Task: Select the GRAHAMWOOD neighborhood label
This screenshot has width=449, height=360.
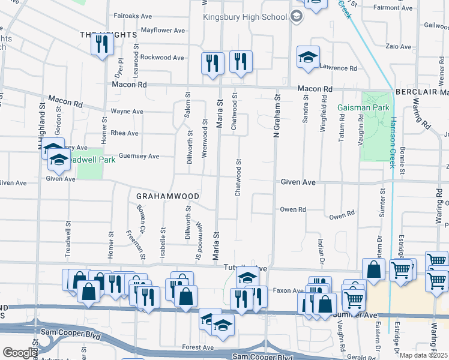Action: point(167,196)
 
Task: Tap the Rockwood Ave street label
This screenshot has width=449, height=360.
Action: point(163,58)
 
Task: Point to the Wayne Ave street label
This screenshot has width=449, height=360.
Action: point(127,112)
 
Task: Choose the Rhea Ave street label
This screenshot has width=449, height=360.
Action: point(124,133)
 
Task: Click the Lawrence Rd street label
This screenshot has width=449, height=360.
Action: point(339,68)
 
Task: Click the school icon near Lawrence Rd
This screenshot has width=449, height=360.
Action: point(308,58)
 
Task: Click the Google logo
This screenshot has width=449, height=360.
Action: point(20,353)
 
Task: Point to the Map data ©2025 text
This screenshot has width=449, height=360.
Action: point(425,355)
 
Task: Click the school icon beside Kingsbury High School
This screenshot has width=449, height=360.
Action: point(297,17)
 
